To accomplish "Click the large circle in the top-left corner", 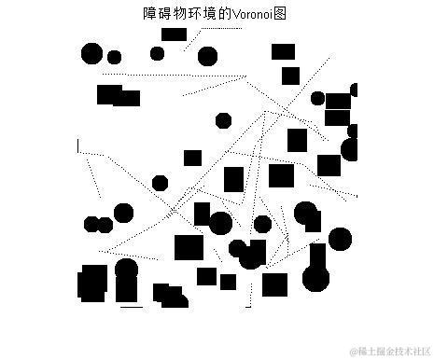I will pyautogui.click(x=91, y=53).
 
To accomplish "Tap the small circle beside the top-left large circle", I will pyautogui.click(x=114, y=57).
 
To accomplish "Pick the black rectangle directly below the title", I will pyautogui.click(x=174, y=35).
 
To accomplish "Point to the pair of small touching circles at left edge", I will pyautogui.click(x=98, y=224).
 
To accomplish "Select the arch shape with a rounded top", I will pyautogui.click(x=126, y=281).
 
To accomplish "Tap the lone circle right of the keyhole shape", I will pyautogui.click(x=340, y=239).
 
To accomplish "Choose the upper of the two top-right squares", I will pyautogui.click(x=283, y=51).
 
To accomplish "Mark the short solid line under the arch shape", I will pyautogui.click(x=132, y=306).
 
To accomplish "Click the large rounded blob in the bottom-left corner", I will pyautogui.click(x=93, y=284).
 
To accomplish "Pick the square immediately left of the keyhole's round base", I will pyautogui.click(x=274, y=284).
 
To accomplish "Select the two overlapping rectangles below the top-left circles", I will pyautogui.click(x=118, y=95).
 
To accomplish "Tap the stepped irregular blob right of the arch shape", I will pyautogui.click(x=169, y=297).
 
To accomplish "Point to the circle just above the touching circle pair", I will pyautogui.click(x=123, y=212).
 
